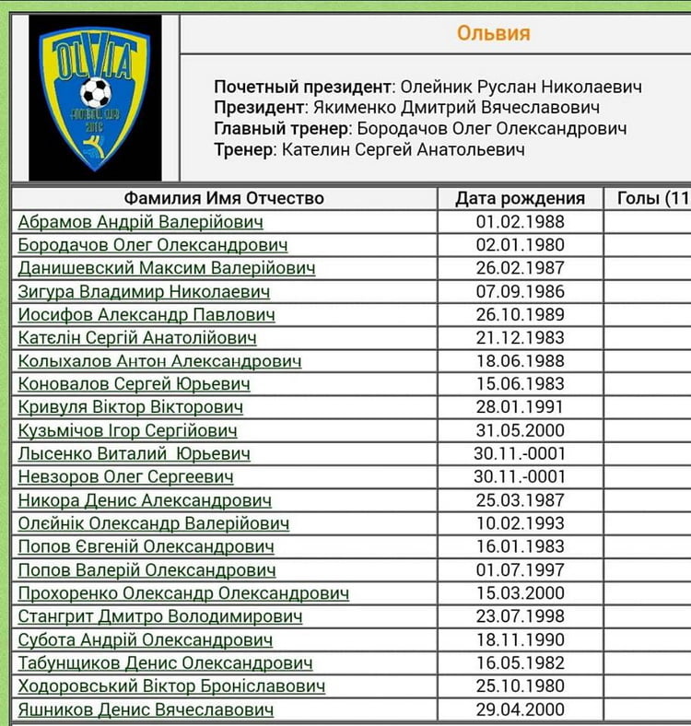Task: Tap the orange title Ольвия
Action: click(493, 34)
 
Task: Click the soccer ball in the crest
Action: click(95, 92)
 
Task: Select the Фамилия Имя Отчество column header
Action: click(224, 198)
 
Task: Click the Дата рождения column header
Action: click(520, 198)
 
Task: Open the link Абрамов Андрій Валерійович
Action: click(140, 222)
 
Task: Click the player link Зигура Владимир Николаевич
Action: click(144, 292)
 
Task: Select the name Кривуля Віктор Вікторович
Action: click(130, 407)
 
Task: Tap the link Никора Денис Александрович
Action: click(145, 500)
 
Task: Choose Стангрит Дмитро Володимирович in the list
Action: click(160, 616)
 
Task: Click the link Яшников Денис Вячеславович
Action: click(146, 709)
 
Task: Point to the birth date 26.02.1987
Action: click(520, 268)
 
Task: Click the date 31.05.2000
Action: click(520, 430)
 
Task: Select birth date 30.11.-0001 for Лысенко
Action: click(520, 453)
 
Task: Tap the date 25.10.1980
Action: click(520, 686)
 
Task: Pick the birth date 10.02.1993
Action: click(520, 523)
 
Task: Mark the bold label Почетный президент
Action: click(303, 88)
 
